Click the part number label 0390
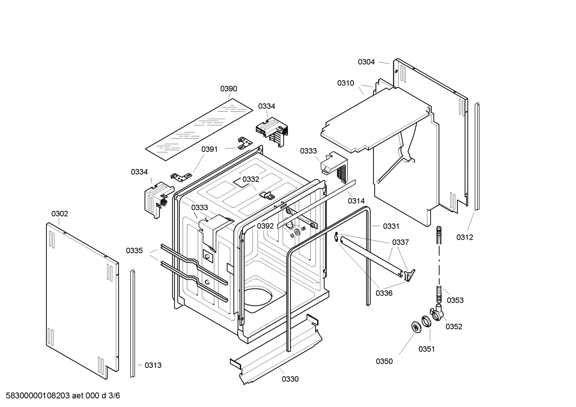point(228,89)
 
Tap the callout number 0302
point(60,214)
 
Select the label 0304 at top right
point(366,62)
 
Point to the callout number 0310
point(346,83)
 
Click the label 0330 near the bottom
point(290,379)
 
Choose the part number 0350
point(384,361)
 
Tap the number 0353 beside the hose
point(455,300)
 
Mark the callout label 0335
point(134,251)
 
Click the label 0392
point(265,226)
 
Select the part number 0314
point(356,201)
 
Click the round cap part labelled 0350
point(416,326)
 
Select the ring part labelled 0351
point(426,321)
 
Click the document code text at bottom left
point(60,396)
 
